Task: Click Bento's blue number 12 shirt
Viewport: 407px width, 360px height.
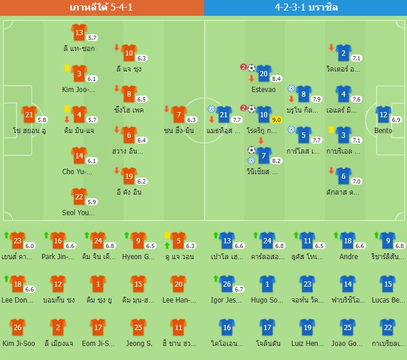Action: click(383, 115)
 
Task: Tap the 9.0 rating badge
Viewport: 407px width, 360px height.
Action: click(276, 120)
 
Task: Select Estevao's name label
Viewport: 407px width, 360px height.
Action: click(263, 90)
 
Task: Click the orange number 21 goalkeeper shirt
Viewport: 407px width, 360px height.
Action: click(29, 115)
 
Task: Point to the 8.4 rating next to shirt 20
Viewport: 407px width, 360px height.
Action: click(276, 79)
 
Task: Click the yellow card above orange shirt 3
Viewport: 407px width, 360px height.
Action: click(67, 68)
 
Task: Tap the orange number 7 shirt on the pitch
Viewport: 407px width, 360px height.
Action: click(179, 115)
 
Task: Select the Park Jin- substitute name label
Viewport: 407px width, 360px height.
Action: click(57, 256)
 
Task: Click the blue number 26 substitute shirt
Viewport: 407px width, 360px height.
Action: click(226, 285)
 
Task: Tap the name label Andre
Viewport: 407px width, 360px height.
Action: click(348, 256)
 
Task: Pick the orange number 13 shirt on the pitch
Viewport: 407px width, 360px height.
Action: click(80, 33)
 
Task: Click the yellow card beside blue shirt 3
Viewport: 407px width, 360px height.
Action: click(331, 129)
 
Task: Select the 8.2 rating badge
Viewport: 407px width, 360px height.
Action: click(276, 161)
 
